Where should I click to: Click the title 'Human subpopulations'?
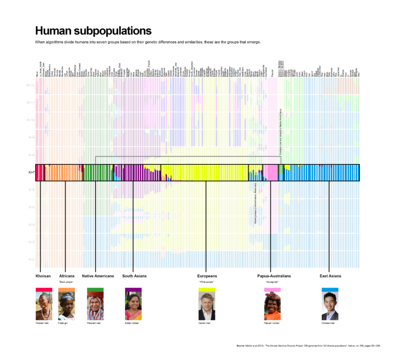93,31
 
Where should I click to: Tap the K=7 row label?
31,172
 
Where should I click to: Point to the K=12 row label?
31,85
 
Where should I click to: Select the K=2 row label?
31,259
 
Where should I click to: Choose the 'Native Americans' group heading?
96,276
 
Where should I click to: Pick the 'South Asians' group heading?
134,276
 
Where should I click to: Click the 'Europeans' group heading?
207,276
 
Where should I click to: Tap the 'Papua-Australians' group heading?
274,276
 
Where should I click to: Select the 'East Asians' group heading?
330,276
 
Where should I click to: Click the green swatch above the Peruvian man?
96,289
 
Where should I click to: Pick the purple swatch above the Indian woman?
133,289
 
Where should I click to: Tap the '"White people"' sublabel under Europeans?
207,282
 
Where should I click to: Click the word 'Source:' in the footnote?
241,344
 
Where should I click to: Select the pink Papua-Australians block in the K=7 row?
270,172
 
